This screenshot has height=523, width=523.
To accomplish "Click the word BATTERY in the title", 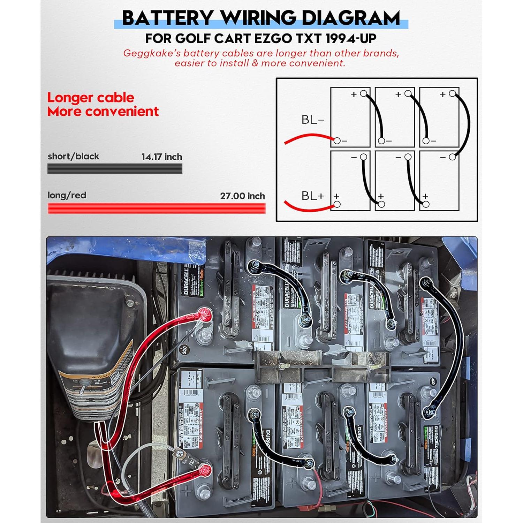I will [168, 18].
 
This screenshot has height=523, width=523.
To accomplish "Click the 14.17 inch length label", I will [161, 157].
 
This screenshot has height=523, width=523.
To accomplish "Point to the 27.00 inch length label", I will [242, 196].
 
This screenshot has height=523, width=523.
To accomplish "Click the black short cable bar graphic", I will [115, 169].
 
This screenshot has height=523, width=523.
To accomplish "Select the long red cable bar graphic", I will [157, 209].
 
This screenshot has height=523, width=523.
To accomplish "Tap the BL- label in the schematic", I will [312, 120].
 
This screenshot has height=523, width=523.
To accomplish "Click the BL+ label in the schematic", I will [312, 196].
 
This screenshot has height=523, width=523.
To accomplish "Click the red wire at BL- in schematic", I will [307, 136].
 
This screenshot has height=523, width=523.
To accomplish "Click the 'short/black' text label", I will [73, 156].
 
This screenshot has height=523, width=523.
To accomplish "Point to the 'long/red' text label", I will [67, 195].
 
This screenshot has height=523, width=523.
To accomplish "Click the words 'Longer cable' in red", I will [90, 98].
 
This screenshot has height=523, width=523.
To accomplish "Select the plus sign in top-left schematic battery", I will [354, 94].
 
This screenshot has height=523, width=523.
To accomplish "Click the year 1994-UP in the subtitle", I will [351, 38].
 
